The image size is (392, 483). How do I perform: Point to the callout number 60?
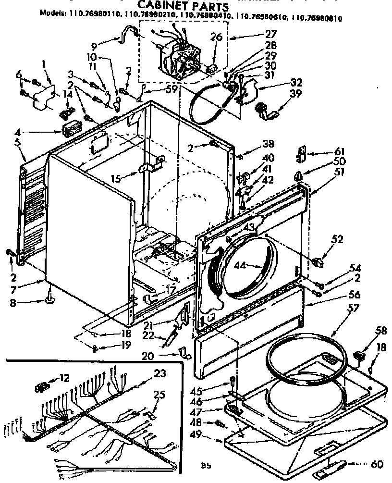point(377,464)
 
